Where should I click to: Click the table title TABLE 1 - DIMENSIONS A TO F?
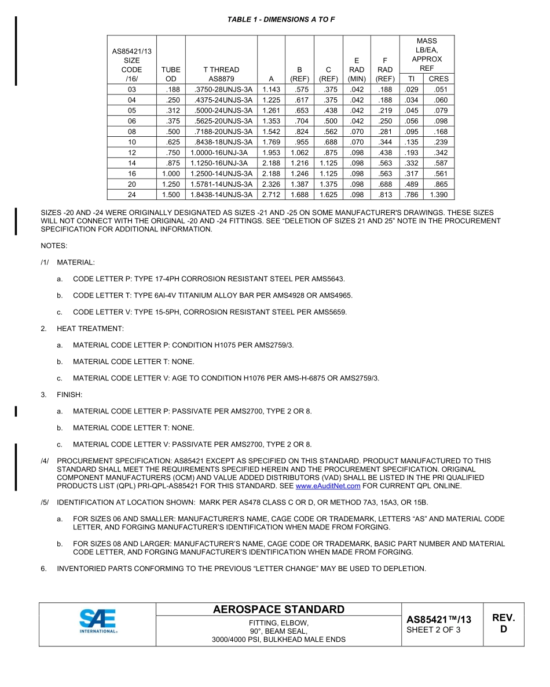tap(281, 20)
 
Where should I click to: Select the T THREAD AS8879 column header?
tap(221, 74)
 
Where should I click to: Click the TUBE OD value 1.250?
tap(171, 184)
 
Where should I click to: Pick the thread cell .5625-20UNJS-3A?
tap(221, 121)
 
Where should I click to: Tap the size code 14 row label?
tap(132, 163)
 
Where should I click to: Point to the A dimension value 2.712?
tap(271, 195)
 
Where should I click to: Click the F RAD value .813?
tap(385, 195)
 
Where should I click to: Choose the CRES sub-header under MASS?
tap(438, 79)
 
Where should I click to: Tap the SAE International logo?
tap(98, 624)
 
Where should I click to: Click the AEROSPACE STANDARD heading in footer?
tap(278, 609)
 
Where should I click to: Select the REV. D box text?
tap(503, 624)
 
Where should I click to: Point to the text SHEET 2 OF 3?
tap(434, 630)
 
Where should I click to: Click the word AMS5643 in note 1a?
tap(328, 279)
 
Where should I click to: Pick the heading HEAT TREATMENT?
tap(90, 329)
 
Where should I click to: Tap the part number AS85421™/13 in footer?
tap(438, 619)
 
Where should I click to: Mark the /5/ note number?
tap(45, 502)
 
